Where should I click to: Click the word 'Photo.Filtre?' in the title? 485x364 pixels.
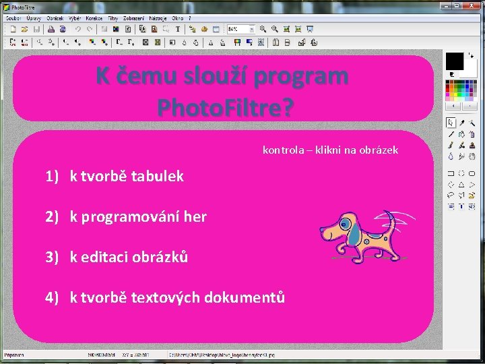tap(225, 107)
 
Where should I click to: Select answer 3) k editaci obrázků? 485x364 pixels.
tap(129, 257)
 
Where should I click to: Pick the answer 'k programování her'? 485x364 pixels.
tap(138, 217)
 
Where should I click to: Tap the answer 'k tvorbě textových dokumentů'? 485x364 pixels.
tap(177, 297)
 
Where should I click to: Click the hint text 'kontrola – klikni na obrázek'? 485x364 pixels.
tap(330, 150)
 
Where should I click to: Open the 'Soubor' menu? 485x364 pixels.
tap(13, 18)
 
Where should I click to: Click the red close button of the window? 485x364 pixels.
tap(474, 5)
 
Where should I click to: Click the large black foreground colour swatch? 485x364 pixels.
tap(455, 61)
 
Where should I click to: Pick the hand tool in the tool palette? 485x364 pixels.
tap(473, 156)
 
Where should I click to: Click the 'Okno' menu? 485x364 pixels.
tap(178, 18)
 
